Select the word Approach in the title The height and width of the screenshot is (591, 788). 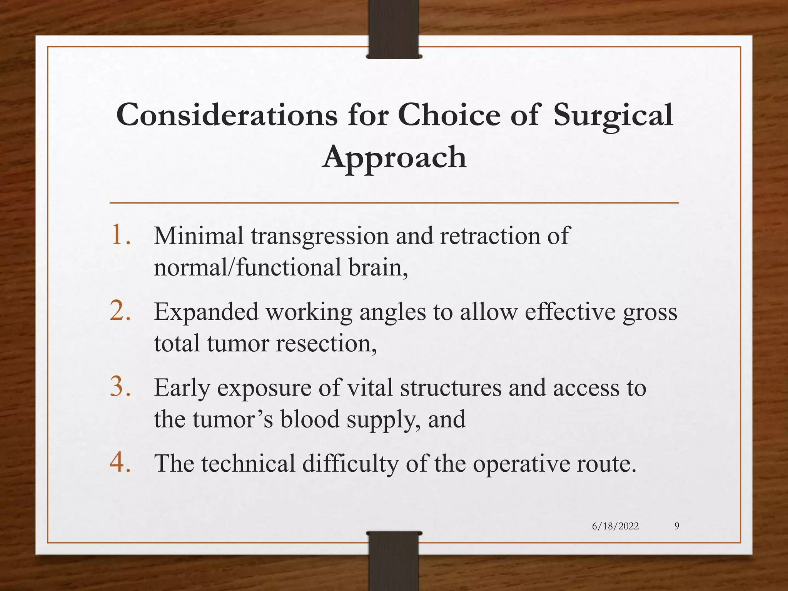(x=394, y=158)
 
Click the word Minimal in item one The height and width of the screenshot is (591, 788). (x=199, y=235)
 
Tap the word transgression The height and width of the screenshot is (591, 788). (x=320, y=236)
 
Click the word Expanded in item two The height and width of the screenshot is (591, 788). (x=206, y=312)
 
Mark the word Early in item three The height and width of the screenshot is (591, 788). (x=182, y=388)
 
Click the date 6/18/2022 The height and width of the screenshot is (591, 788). (x=615, y=526)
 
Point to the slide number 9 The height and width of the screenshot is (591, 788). (x=677, y=526)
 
